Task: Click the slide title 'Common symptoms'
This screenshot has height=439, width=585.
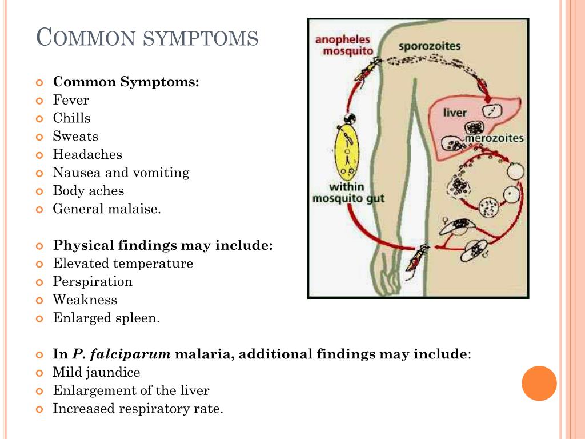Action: click(x=147, y=38)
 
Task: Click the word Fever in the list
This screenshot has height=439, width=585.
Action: click(x=71, y=100)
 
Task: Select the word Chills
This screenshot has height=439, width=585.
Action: click(x=71, y=118)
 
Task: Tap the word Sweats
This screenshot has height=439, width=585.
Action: click(x=75, y=137)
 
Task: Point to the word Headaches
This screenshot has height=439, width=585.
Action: click(x=87, y=155)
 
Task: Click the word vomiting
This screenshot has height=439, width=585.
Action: click(x=161, y=173)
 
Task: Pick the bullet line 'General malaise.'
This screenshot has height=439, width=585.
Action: click(x=107, y=209)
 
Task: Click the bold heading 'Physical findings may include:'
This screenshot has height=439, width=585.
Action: click(x=163, y=246)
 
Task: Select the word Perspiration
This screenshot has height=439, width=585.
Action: click(x=93, y=282)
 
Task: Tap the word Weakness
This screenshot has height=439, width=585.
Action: click(x=85, y=300)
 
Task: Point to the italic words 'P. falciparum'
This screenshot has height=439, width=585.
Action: click(x=122, y=354)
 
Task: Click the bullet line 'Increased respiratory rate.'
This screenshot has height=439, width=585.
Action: click(x=138, y=409)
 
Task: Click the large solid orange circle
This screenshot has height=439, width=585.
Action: click(x=539, y=383)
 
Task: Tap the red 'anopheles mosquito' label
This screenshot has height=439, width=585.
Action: click(x=343, y=45)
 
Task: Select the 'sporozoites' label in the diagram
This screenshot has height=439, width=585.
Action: click(x=429, y=46)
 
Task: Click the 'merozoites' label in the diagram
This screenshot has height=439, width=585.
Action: click(x=494, y=138)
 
